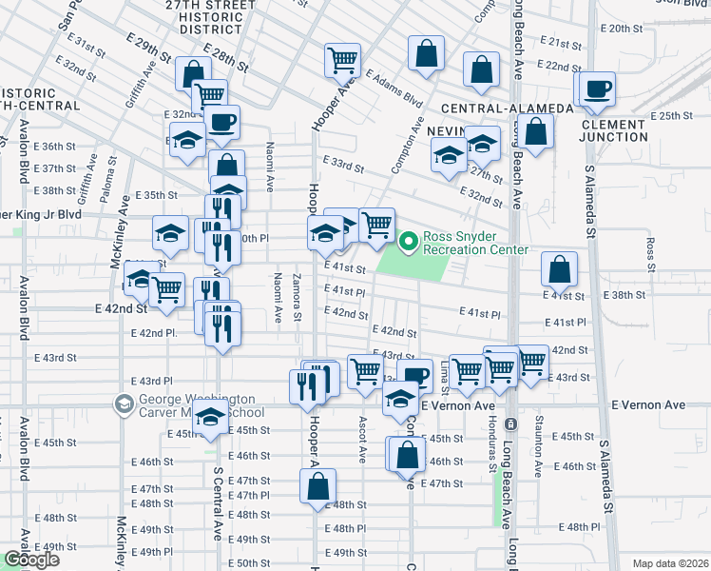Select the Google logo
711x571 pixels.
click(x=31, y=560)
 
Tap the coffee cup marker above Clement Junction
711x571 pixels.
click(x=597, y=90)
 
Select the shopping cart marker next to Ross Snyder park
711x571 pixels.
click(x=377, y=225)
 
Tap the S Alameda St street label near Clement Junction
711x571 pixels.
click(x=590, y=200)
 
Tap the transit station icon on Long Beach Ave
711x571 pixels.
click(x=511, y=422)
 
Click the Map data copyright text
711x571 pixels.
click(x=670, y=563)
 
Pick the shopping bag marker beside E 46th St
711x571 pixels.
click(x=406, y=454)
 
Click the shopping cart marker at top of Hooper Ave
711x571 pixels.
click(x=341, y=60)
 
